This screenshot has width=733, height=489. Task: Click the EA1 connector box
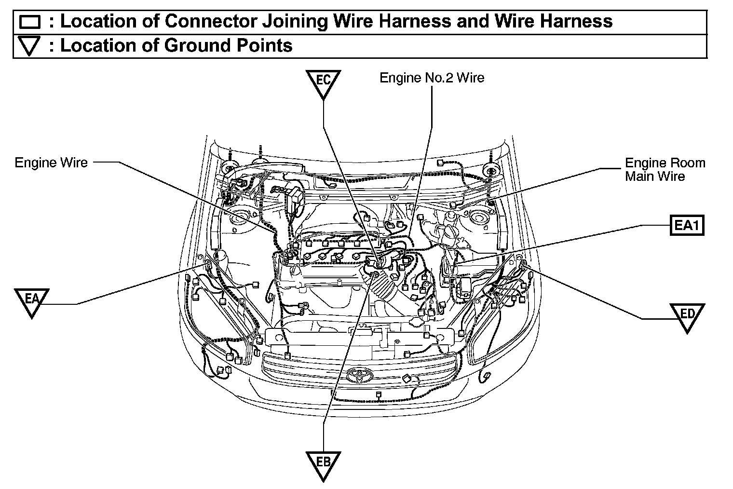[687, 225]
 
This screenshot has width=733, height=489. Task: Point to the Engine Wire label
[52, 163]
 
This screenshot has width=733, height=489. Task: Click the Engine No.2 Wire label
[432, 78]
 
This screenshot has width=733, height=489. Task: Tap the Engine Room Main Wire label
[665, 170]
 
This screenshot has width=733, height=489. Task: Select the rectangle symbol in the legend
[30, 22]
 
